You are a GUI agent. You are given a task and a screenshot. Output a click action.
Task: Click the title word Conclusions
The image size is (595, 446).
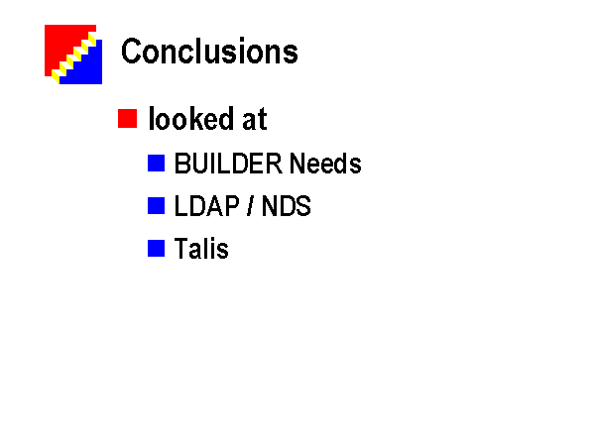point(209,51)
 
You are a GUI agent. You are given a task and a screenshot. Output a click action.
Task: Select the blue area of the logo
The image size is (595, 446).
point(85,66)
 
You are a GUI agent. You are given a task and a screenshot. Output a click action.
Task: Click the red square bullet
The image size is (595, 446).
point(128,118)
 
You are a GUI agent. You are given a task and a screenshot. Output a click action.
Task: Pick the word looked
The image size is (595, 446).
point(190,118)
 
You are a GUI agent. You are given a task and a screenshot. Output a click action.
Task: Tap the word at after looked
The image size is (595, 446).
point(255,120)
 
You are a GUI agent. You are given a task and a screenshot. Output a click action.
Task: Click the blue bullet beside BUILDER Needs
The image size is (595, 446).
point(156,164)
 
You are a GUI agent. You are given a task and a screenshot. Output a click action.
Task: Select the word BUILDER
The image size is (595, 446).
point(228,164)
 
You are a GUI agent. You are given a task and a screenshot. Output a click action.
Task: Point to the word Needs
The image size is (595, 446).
point(325,164)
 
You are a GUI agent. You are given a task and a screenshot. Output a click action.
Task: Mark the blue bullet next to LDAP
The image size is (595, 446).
point(156,206)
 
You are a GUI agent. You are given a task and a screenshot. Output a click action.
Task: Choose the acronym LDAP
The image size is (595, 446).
point(207,206)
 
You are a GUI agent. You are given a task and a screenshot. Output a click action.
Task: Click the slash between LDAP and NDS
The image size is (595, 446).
point(250,206)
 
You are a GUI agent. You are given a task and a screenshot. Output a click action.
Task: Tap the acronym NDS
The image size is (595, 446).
point(287,206)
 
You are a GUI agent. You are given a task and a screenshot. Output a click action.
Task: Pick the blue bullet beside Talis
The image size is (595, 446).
point(156,249)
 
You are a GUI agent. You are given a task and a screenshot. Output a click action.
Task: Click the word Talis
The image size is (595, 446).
point(201,249)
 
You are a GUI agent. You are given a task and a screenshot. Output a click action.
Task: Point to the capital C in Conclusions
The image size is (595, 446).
point(131,51)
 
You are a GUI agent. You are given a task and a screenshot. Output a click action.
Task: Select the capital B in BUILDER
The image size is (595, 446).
point(182,164)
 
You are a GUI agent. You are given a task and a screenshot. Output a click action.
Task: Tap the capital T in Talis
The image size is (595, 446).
point(181,249)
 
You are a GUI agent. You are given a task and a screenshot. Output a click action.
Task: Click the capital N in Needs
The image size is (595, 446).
point(297,164)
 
